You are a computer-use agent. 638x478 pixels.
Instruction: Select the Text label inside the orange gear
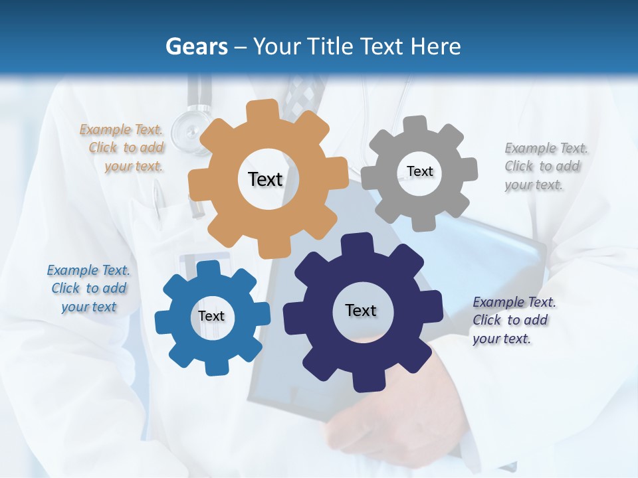coord(265,179)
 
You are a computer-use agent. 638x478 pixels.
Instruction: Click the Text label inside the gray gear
coord(420,171)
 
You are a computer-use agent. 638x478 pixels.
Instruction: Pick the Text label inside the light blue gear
coord(211,316)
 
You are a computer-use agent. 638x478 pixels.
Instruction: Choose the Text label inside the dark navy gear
coord(361,310)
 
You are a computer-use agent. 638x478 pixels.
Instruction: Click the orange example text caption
coord(122,148)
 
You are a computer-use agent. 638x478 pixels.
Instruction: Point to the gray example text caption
coord(545,166)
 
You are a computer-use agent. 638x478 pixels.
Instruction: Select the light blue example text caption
coord(88,288)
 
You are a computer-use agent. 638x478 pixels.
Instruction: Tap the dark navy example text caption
coord(513,320)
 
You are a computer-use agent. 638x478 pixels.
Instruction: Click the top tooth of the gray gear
coord(415,124)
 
